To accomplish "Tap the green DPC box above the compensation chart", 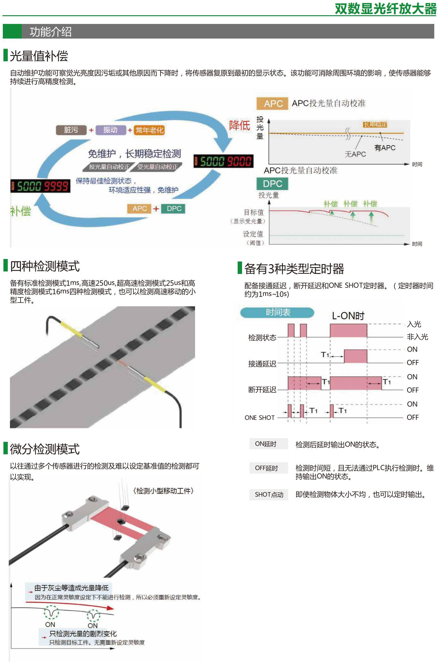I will click(272, 184).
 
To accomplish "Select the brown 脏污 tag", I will click(71, 130).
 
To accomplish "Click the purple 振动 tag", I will click(110, 130).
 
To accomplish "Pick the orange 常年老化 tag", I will click(149, 130).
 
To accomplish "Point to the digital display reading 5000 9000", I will click(224, 161).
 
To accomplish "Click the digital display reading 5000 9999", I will click(40, 186).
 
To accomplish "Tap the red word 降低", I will click(240, 126).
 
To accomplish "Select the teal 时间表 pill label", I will click(277, 312).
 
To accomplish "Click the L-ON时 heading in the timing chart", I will click(348, 316).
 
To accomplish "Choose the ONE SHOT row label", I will click(260, 418).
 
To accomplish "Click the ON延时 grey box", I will click(268, 444).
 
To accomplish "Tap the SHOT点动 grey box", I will click(269, 494).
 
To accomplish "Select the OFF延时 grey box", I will click(268, 468).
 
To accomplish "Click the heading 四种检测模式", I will click(45, 266).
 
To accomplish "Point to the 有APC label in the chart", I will click(385, 148).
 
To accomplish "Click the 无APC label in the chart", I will click(355, 154).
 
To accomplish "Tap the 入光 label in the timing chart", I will click(414, 324).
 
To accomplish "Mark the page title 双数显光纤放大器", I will click(386, 9).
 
